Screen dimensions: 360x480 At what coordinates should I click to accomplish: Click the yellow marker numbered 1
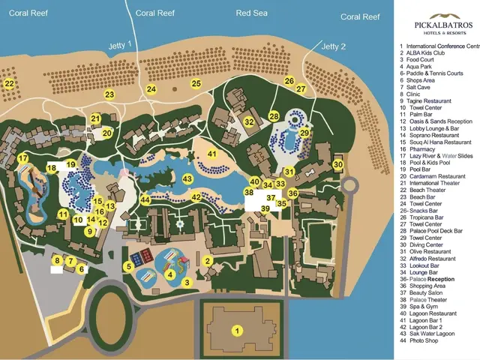(238, 330)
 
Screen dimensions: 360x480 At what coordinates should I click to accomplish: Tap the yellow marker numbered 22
(9, 84)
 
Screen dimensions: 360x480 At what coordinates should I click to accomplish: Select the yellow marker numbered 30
(338, 165)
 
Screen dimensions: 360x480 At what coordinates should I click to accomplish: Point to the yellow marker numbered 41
(212, 154)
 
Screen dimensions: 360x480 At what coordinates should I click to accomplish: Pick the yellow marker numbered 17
(23, 158)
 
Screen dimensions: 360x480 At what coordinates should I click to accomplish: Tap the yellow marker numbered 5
(129, 265)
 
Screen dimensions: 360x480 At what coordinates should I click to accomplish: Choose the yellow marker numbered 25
(196, 84)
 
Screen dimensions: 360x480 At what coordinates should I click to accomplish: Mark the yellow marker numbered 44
(145, 200)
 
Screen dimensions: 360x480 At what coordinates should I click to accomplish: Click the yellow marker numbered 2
(207, 261)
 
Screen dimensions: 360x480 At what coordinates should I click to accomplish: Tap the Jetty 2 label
(334, 46)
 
